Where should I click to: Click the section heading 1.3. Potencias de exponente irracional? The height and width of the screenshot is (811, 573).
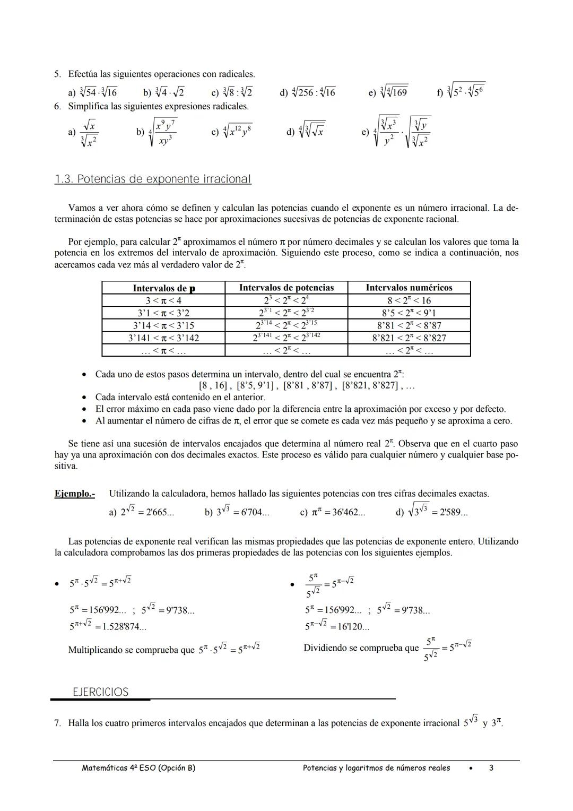click(153, 179)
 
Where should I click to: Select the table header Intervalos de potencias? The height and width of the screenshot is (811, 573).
click(286, 288)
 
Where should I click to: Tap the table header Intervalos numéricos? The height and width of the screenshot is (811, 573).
click(409, 288)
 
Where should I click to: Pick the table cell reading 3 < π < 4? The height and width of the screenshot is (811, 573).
click(163, 300)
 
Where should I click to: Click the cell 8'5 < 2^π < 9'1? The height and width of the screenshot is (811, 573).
click(409, 313)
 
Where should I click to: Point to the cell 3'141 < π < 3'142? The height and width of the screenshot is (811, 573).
click(163, 338)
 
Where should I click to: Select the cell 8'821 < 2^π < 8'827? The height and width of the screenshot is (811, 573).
click(409, 338)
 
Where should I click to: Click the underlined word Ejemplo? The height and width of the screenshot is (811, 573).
click(74, 494)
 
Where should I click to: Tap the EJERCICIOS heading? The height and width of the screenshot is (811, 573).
click(101, 692)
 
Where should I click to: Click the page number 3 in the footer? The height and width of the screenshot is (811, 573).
click(491, 768)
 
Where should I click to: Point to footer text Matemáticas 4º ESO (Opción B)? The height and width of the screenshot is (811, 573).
click(139, 768)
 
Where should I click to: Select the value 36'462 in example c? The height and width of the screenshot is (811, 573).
click(348, 513)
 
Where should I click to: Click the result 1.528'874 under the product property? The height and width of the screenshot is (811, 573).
click(124, 627)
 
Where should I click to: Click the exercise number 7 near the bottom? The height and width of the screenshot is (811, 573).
click(57, 723)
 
